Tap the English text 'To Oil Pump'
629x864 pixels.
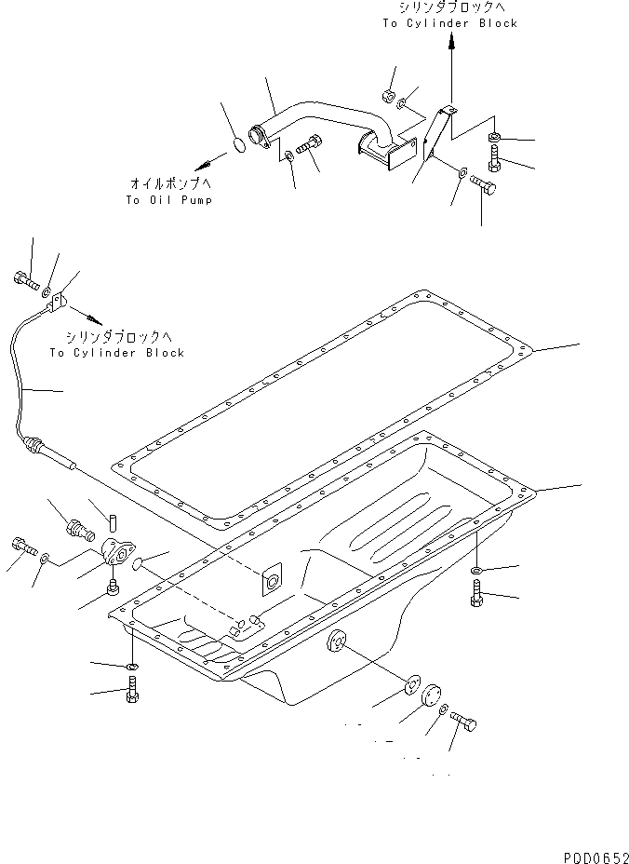(168, 200)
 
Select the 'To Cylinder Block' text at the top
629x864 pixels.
(449, 23)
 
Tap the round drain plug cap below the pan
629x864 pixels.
(435, 697)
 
